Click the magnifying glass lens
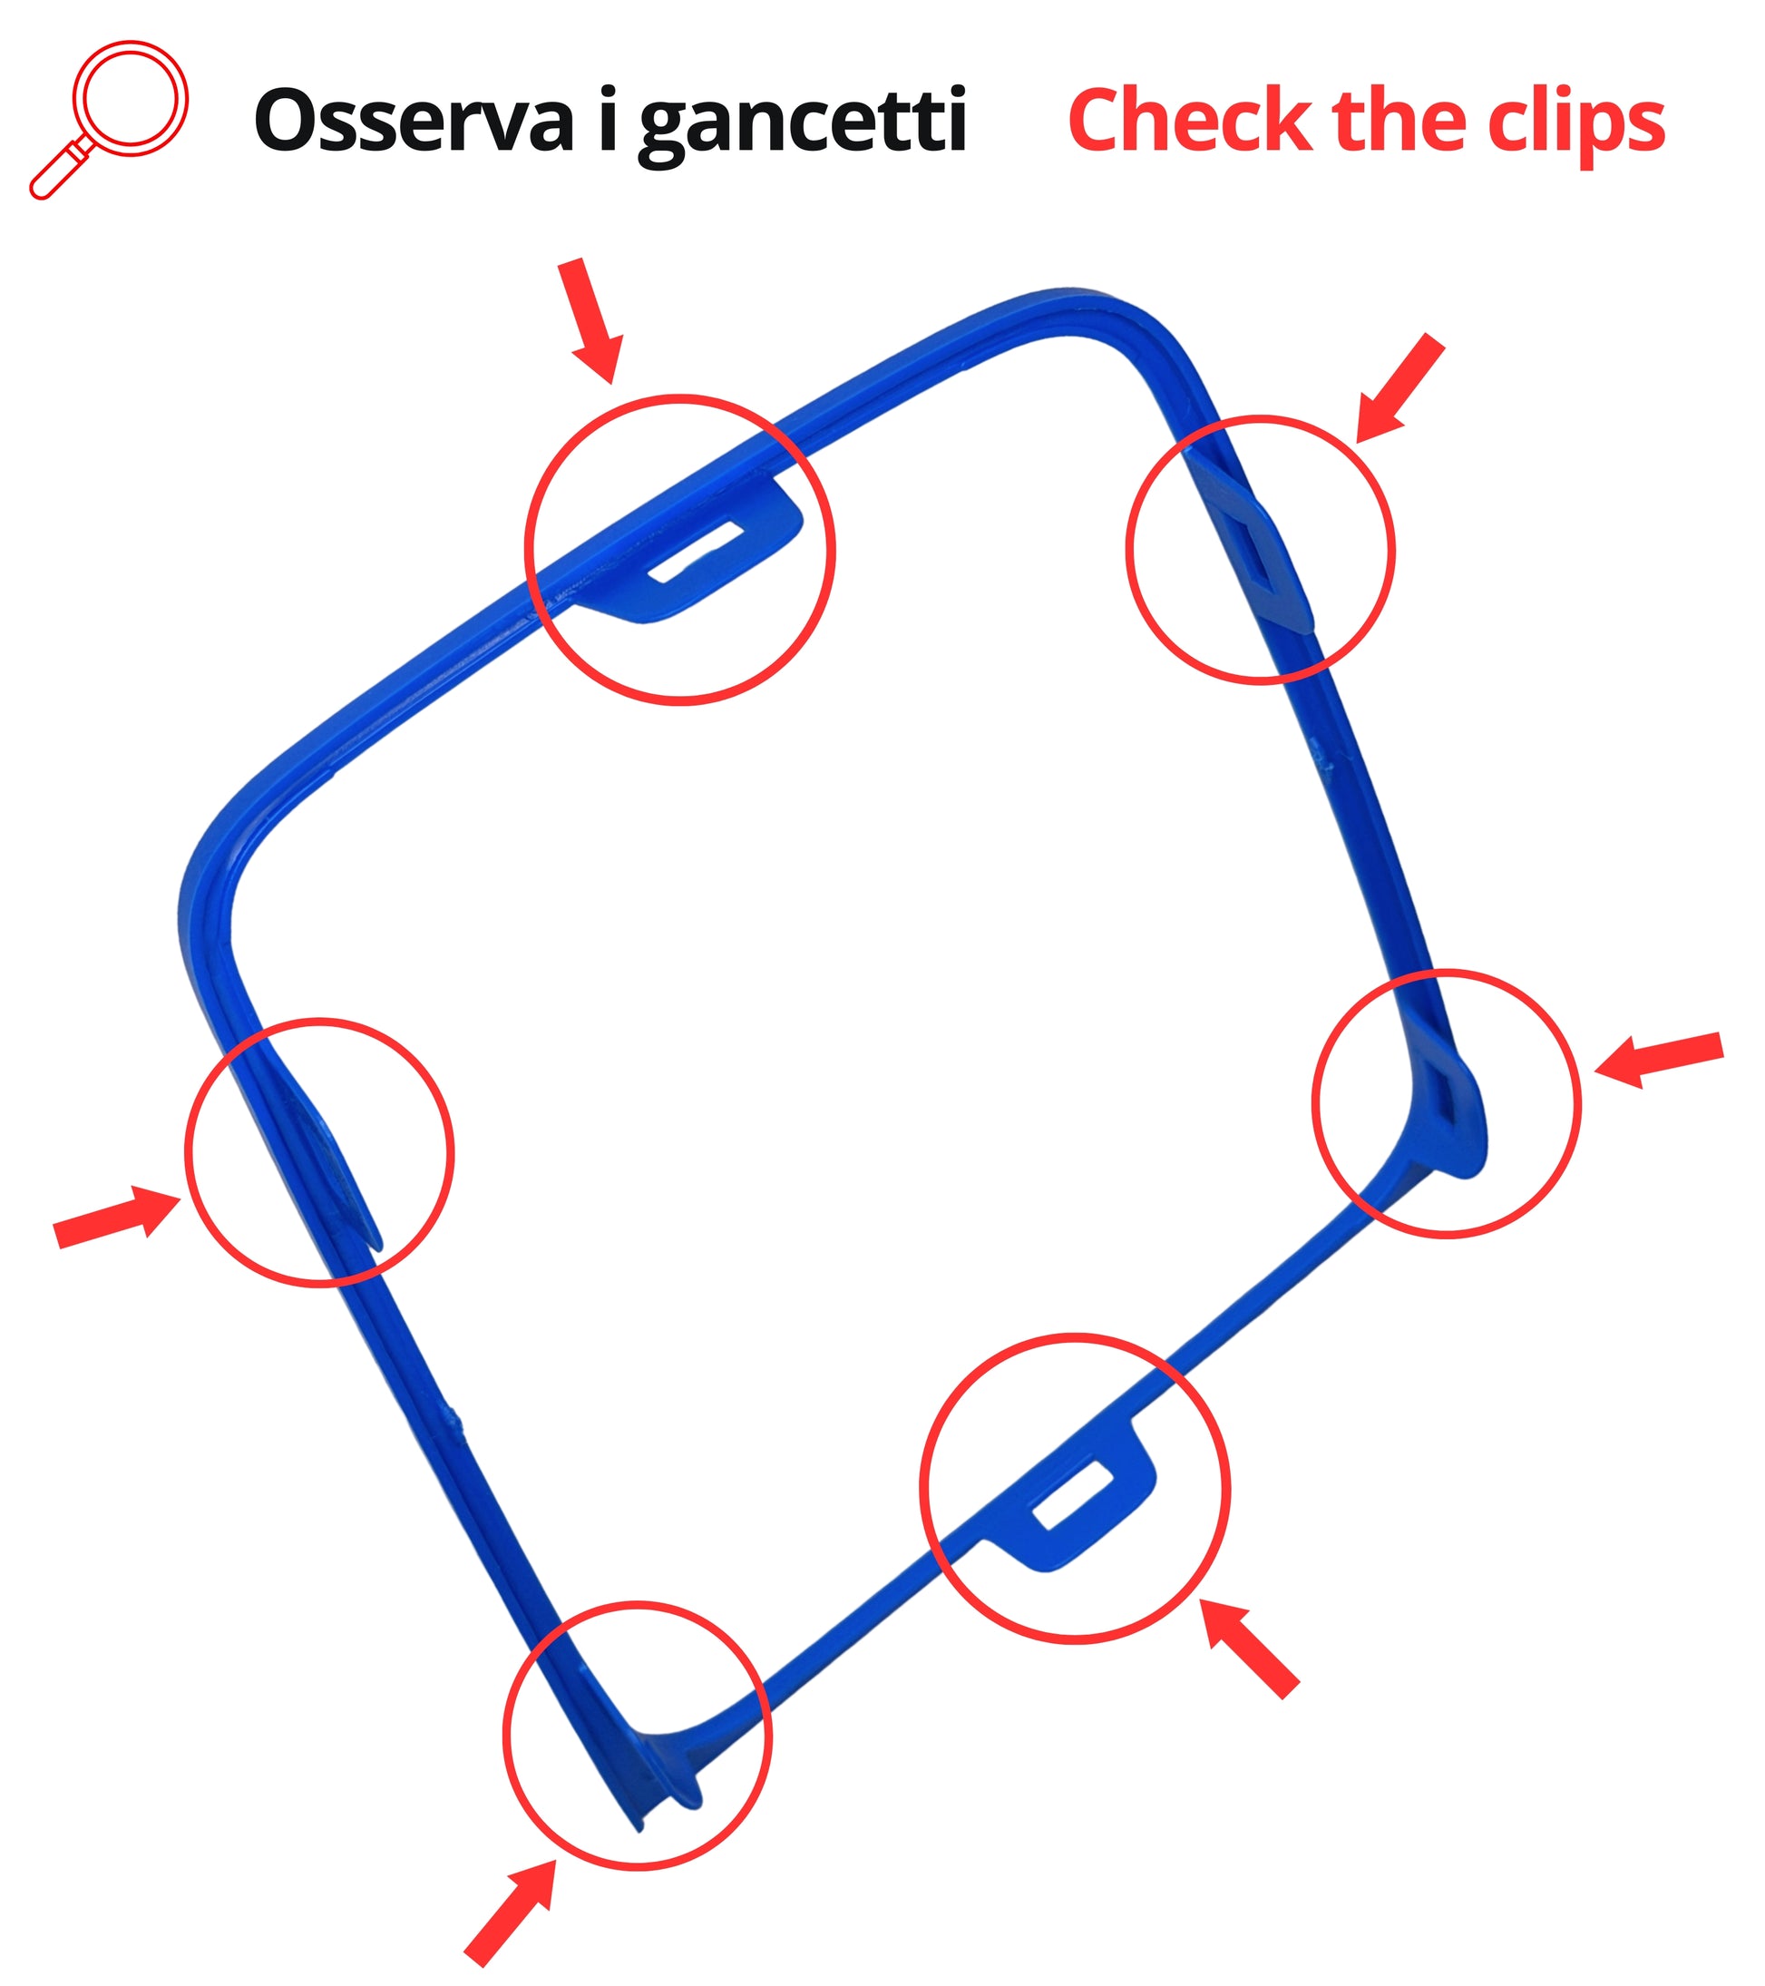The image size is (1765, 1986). [x=131, y=97]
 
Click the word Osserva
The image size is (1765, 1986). [x=414, y=121]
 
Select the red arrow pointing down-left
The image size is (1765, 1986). [x=1399, y=387]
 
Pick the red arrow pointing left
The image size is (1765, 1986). [x=1659, y=1059]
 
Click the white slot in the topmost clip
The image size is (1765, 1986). [x=696, y=551]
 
